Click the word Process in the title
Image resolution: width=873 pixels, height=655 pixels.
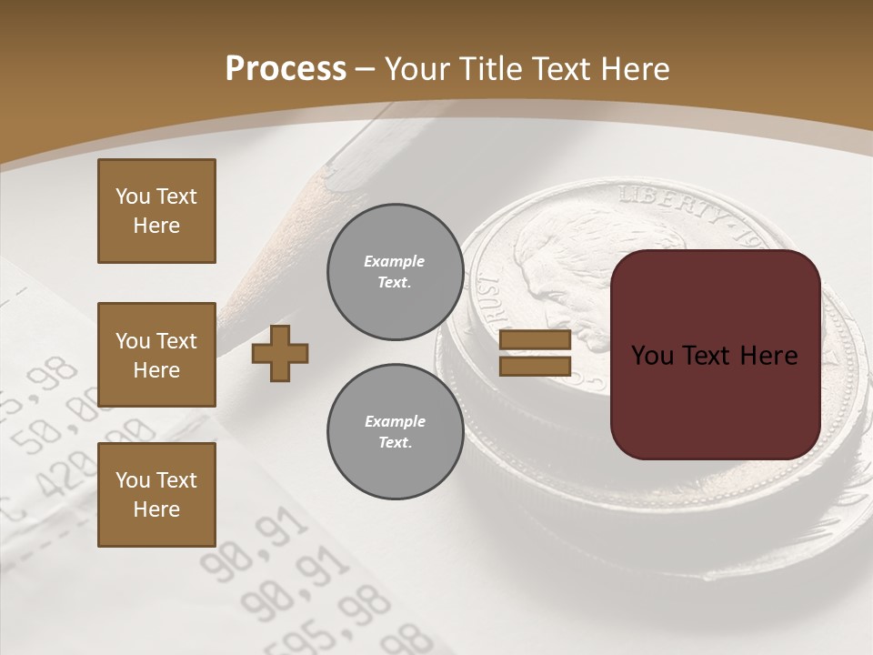286,69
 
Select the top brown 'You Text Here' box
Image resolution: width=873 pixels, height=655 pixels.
156,211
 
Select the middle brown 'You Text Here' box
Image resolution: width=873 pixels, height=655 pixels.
156,355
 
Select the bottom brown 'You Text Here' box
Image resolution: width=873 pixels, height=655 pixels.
156,495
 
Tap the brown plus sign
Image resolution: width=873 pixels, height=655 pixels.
280,353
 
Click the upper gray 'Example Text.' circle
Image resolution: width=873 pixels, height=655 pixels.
395,272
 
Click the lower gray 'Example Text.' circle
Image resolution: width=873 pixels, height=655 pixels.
395,432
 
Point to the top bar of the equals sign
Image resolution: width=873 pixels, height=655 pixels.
535,340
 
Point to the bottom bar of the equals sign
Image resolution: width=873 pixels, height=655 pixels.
535,366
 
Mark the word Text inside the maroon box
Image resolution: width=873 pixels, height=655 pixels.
713,356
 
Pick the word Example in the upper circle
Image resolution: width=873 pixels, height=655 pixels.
395,262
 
